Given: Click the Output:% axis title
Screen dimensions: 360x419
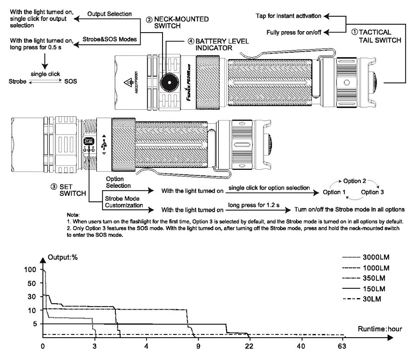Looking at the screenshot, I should click(x=63, y=258).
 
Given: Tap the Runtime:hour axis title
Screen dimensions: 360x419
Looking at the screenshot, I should click(x=380, y=329).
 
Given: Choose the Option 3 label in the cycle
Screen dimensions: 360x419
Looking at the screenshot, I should click(x=372, y=192).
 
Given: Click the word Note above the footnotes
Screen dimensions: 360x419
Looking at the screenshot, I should click(x=74, y=215).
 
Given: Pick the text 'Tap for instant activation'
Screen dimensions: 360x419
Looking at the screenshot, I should click(x=289, y=16).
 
